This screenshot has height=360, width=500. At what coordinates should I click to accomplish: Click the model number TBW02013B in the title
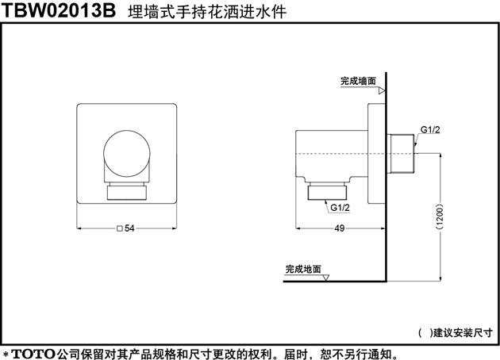[x=59, y=10]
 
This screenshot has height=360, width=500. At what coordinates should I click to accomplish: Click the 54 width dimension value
[x=129, y=228]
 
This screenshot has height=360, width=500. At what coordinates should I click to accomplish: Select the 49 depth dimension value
[x=340, y=228]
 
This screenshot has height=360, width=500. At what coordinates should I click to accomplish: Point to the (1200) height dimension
[x=440, y=216]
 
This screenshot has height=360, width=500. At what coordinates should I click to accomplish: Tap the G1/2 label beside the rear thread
[x=430, y=130]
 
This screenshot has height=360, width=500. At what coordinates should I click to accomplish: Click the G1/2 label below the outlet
[x=340, y=208]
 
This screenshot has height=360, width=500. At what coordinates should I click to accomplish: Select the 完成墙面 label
[x=359, y=81]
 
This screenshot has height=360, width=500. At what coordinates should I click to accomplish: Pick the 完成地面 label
[x=303, y=269]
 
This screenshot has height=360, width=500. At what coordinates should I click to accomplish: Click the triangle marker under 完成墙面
[x=382, y=91]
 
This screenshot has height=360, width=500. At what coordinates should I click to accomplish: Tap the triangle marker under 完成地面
[x=325, y=278]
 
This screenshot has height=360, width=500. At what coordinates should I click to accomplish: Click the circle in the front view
[x=127, y=154]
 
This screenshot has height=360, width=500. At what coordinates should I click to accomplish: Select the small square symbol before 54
[x=120, y=228]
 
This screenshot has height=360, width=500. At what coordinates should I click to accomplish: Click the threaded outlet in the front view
[x=127, y=193]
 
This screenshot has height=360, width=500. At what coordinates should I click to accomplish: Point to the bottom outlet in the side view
[x=327, y=193]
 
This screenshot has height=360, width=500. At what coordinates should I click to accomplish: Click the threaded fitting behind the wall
[x=401, y=154]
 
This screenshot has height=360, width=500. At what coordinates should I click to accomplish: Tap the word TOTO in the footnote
[x=33, y=354]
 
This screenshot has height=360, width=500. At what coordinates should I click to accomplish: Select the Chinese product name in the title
[x=207, y=12]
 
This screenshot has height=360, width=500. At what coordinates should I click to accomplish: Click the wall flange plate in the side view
[x=377, y=154]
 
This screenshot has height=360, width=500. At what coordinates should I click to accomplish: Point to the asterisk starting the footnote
[x=6, y=354]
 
